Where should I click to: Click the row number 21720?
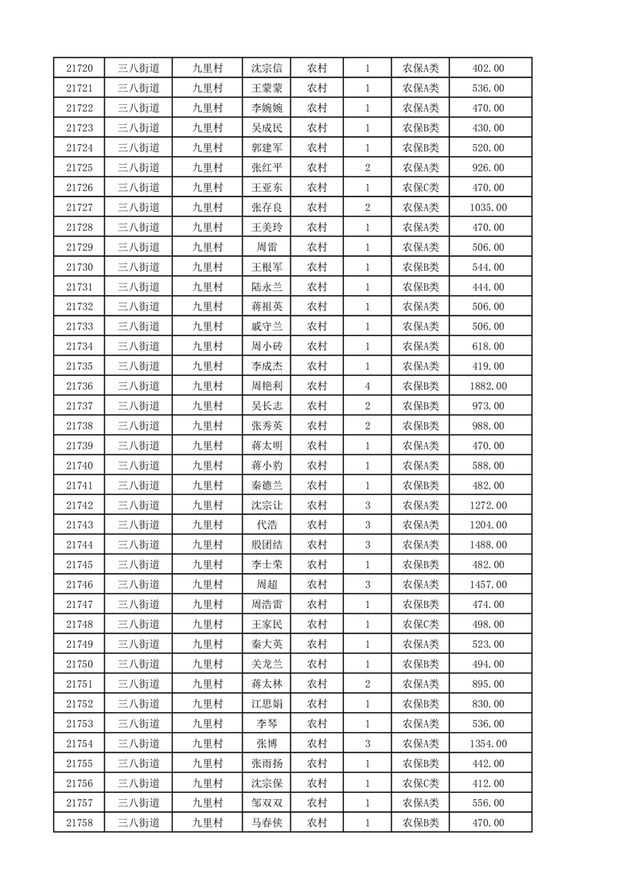[x=80, y=68]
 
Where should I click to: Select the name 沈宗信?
[x=267, y=68]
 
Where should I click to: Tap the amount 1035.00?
[x=488, y=208]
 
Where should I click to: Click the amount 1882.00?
[x=488, y=386]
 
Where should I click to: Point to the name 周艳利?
[x=267, y=386]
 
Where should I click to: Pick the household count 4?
[x=367, y=386]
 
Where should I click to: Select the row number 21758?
[x=80, y=823]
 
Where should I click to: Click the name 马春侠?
[x=267, y=823]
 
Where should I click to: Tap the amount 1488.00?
[x=488, y=545]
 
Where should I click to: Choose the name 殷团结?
[x=267, y=545]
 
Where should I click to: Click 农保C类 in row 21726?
[x=420, y=188]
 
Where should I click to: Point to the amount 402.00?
[x=488, y=68]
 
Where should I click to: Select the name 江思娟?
[x=267, y=704]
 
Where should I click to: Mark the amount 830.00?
[x=488, y=704]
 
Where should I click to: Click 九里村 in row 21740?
[x=207, y=466]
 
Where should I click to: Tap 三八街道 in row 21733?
[x=138, y=326]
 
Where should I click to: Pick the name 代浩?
[x=267, y=525]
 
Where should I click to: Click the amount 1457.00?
[x=488, y=585]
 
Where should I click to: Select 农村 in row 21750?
[x=317, y=664]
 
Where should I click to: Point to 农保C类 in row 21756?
[x=420, y=783]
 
